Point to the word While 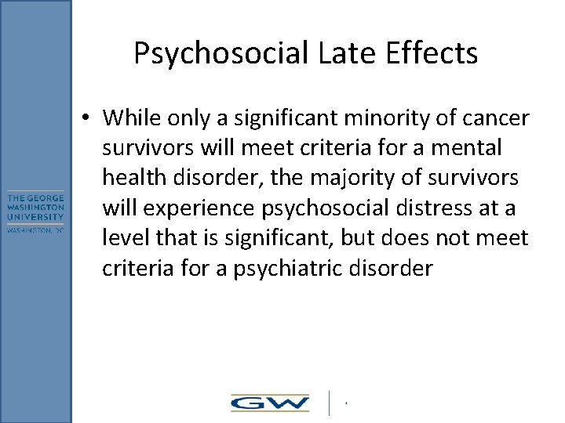(x=129, y=118)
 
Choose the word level (x=122, y=239)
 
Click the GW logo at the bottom (x=269, y=403)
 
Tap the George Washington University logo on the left (x=35, y=211)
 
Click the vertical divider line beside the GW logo (x=329, y=403)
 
